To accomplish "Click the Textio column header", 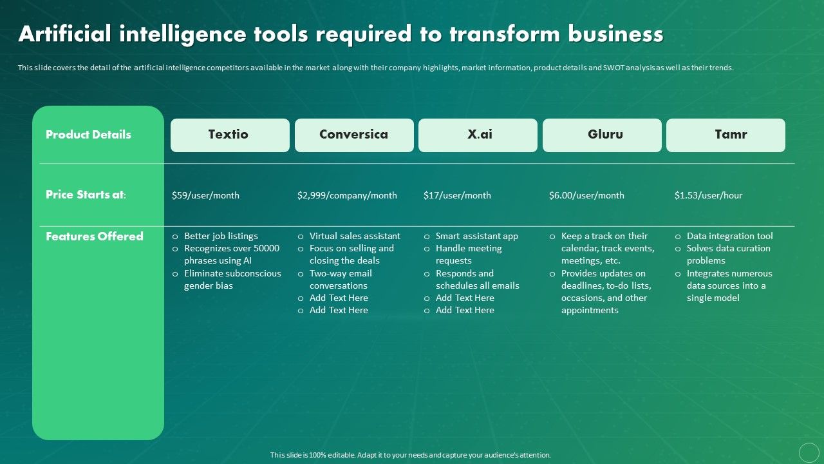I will click(230, 135).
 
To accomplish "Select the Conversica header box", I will click(354, 135).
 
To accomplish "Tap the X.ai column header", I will click(478, 135).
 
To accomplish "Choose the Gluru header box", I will click(602, 135).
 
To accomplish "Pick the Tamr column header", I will click(726, 135).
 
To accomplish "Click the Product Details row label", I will click(88, 135).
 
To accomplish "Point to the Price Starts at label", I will click(86, 195).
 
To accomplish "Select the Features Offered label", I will click(94, 237).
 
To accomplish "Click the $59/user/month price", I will click(205, 195).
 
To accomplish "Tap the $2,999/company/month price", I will click(347, 195).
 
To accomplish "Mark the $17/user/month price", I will click(457, 195).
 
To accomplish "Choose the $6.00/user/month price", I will click(586, 195).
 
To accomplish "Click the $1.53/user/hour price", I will click(708, 195).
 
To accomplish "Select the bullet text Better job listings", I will click(221, 236).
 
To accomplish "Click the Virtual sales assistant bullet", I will click(355, 236).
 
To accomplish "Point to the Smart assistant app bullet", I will click(476, 236).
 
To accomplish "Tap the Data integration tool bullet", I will click(729, 236).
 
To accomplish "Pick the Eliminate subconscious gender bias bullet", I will click(232, 280).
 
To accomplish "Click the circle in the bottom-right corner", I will click(809, 452).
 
